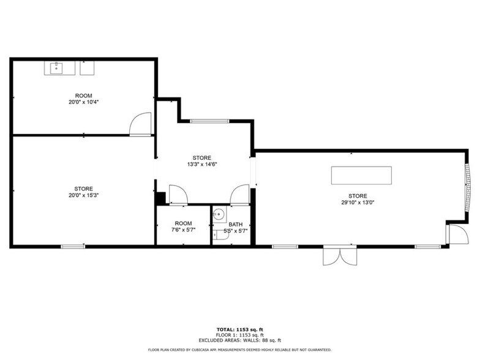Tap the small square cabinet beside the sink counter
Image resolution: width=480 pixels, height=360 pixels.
pos(88,67)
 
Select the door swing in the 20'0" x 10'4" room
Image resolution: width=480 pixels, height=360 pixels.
pos(141,124)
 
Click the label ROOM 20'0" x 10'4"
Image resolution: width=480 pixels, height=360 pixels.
pos(83,99)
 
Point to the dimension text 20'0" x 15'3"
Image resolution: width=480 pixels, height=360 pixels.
pos(83,196)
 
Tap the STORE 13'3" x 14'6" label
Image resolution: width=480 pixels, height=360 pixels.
pos(202,161)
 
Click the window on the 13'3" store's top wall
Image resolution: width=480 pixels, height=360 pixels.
pos(209,121)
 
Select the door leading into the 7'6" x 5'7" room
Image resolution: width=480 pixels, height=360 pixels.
pos(178,195)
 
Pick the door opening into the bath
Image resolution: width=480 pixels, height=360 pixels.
pos(240,195)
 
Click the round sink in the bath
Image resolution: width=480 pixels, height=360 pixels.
pos(219,214)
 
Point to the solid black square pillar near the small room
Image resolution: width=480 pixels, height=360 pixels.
pos(160,198)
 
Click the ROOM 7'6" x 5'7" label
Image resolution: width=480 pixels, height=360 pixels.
pos(183,227)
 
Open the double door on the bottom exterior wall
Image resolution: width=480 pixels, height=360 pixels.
pos(339,255)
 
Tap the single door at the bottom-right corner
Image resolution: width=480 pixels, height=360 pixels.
pos(456,234)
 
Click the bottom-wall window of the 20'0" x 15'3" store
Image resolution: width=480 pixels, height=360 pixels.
pos(72,246)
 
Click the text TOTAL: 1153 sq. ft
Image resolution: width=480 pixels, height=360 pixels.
pos(239,329)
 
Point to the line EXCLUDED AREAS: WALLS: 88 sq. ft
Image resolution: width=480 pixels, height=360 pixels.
pos(239,340)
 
